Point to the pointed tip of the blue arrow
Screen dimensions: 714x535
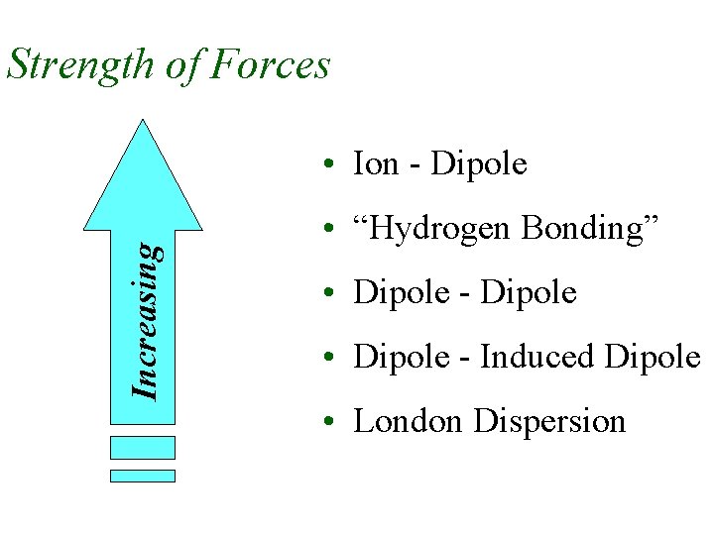pos(144,122)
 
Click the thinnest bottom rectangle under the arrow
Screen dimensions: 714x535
pos(142,476)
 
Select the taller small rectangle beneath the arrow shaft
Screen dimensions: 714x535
pos(142,447)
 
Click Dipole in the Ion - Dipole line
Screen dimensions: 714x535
pos(480,164)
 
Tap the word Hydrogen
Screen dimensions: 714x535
pos(436,230)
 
